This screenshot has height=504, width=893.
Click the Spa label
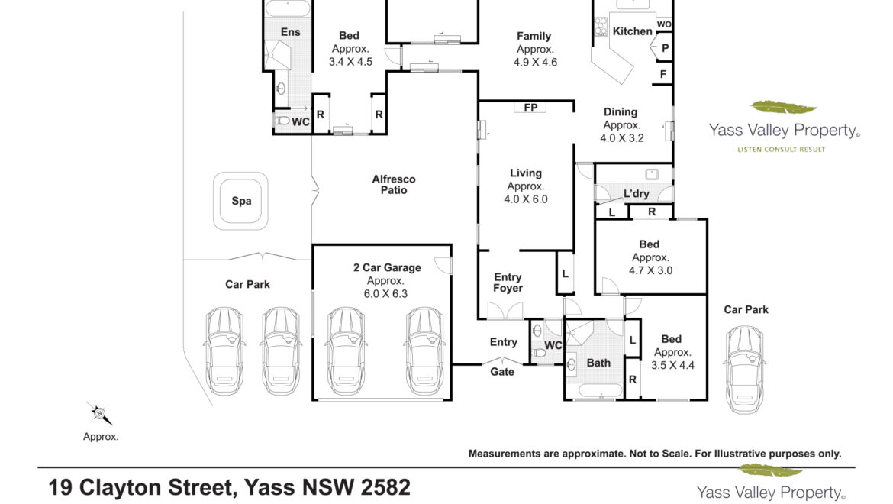click(241, 201)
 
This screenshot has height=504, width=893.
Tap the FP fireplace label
click(530, 108)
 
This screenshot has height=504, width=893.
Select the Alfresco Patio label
click(394, 185)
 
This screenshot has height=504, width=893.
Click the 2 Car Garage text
click(387, 268)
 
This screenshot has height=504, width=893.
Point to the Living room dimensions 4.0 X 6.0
click(526, 199)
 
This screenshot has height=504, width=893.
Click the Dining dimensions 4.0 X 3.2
click(622, 137)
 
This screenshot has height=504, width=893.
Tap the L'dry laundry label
click(636, 194)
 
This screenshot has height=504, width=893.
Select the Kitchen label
click(632, 31)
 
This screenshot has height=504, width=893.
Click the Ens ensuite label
click(291, 32)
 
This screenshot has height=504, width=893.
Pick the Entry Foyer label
click(508, 283)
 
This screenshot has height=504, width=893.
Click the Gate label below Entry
click(502, 372)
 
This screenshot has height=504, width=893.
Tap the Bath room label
click(598, 363)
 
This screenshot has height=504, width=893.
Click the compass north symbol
click(99, 413)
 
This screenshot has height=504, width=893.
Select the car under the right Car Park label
click(744, 369)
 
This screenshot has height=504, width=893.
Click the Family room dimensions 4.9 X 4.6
click(535, 63)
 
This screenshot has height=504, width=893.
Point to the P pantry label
click(665, 48)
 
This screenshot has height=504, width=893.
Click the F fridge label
click(663, 74)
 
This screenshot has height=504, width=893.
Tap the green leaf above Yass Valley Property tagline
click(783, 107)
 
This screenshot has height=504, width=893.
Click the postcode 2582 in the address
click(385, 487)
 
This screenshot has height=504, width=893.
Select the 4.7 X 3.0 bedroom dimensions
click(650, 270)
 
